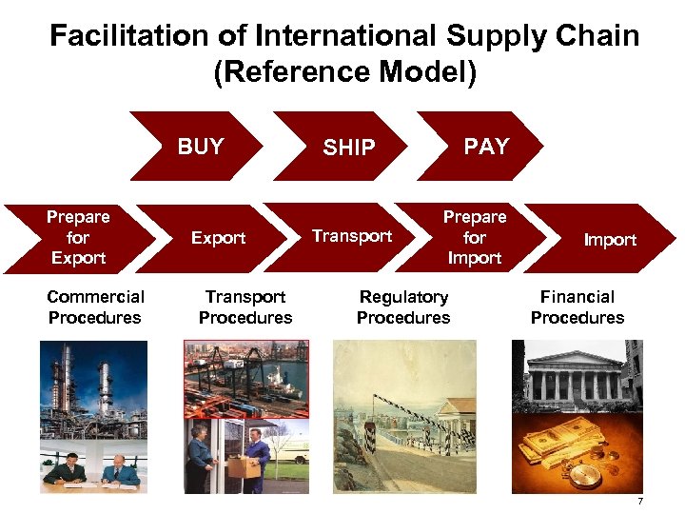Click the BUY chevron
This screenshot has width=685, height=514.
click(x=199, y=147)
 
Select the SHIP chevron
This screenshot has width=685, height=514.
click(x=348, y=147)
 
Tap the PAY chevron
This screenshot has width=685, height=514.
click(x=485, y=146)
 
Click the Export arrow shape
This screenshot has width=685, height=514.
click(x=219, y=238)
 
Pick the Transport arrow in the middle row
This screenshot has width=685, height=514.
click(x=352, y=236)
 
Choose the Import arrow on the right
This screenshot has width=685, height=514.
click(x=609, y=239)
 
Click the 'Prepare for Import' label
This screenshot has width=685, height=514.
click(x=474, y=237)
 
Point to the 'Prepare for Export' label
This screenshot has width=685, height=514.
click(x=78, y=237)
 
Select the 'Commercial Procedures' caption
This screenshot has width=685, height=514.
click(x=95, y=307)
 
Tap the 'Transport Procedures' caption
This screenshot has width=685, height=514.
click(x=245, y=307)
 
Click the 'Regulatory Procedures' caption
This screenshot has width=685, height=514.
click(x=403, y=307)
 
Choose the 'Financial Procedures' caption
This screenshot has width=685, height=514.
click(x=577, y=307)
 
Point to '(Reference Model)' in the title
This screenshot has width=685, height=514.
click(x=343, y=72)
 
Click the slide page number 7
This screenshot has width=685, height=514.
click(x=640, y=502)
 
